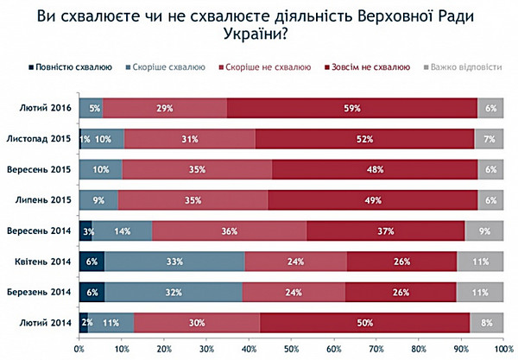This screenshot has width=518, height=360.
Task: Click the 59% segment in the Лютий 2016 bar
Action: coord(352,107)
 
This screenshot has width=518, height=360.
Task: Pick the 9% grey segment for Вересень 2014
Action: coord(484,231)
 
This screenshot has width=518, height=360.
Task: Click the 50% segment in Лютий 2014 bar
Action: coord(363,324)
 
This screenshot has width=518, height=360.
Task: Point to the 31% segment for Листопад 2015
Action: coord(190,138)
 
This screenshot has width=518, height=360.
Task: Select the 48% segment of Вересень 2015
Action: coord(375,169)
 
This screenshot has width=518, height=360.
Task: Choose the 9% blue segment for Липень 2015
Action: coord(98,200)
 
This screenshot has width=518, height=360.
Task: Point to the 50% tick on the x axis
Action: coord(291,350)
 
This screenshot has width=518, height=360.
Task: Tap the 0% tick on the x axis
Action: coord(79,350)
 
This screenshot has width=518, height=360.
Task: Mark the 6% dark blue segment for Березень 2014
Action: coord(92,293)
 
